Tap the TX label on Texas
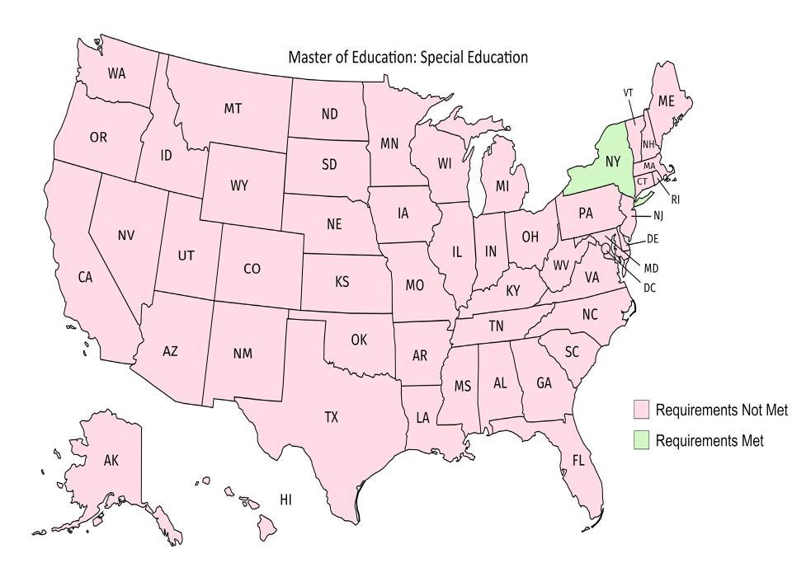pyautogui.click(x=331, y=418)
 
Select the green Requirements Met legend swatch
pyautogui.click(x=641, y=440)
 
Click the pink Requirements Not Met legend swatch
pyautogui.click(x=641, y=410)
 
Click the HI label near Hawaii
pyautogui.click(x=286, y=500)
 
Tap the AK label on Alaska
pyautogui.click(x=111, y=460)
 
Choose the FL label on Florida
pyautogui.click(x=578, y=460)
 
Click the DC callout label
pyautogui.click(x=649, y=288)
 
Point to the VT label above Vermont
pyautogui.click(x=628, y=92)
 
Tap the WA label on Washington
pyautogui.click(x=117, y=73)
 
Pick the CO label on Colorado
pyautogui.click(x=252, y=269)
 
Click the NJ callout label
pyautogui.click(x=658, y=216)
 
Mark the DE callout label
pyautogui.click(x=652, y=239)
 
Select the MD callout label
pyautogui.click(x=652, y=268)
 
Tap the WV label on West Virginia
pyautogui.click(x=561, y=265)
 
